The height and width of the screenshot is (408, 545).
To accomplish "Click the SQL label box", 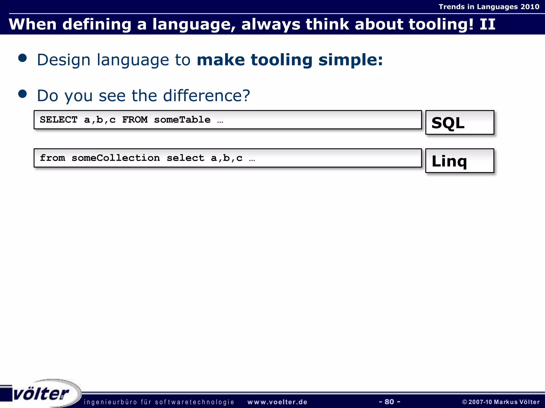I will (460, 123).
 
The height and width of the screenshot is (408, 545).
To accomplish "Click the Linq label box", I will (460, 161).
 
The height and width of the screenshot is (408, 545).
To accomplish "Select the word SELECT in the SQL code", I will (59, 120).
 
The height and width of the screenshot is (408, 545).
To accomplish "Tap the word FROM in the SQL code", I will (135, 120).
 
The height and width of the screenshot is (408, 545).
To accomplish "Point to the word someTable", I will (182, 120).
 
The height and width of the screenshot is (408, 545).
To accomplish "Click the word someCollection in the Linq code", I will (116, 158).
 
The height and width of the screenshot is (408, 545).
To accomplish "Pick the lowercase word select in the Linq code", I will (185, 158).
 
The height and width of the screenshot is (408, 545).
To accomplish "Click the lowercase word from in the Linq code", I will (52, 158).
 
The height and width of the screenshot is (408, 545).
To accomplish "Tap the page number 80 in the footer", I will (389, 402).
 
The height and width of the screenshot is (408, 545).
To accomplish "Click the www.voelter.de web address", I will (277, 402).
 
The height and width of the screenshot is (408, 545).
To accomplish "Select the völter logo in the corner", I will (41, 393).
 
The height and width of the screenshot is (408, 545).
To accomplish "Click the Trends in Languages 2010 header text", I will (489, 7).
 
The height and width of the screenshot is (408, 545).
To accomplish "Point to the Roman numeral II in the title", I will (488, 24).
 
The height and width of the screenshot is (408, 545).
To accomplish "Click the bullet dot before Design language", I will (23, 58).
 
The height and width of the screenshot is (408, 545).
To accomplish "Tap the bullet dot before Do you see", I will (23, 94).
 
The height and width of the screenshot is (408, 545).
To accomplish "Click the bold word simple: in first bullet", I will (350, 60).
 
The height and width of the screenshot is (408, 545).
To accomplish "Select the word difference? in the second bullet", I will (207, 96).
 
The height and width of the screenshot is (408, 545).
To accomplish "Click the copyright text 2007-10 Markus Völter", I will (501, 402).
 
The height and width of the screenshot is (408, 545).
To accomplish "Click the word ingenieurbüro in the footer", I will (110, 402).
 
